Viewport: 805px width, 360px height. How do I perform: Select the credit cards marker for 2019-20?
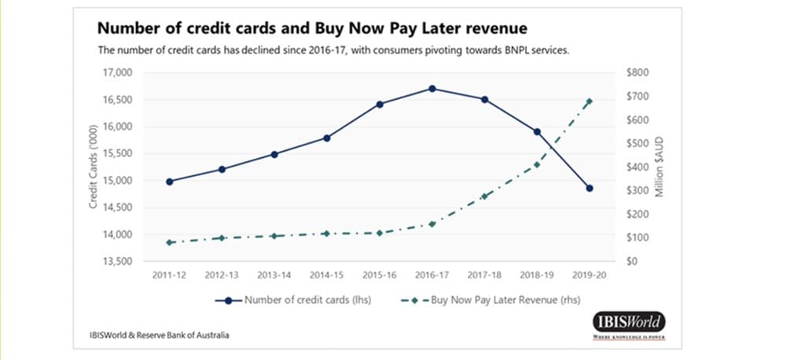point(590,188)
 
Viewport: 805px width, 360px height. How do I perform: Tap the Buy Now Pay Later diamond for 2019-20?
point(590,101)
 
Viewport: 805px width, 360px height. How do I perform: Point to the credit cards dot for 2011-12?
point(169,182)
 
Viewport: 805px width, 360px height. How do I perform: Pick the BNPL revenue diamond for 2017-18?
point(485,196)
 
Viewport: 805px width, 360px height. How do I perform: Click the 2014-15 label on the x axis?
point(326,276)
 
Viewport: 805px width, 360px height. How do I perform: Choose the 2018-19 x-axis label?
point(537,276)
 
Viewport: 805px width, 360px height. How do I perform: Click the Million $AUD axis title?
point(660,167)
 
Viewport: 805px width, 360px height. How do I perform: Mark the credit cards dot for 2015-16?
point(380,104)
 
